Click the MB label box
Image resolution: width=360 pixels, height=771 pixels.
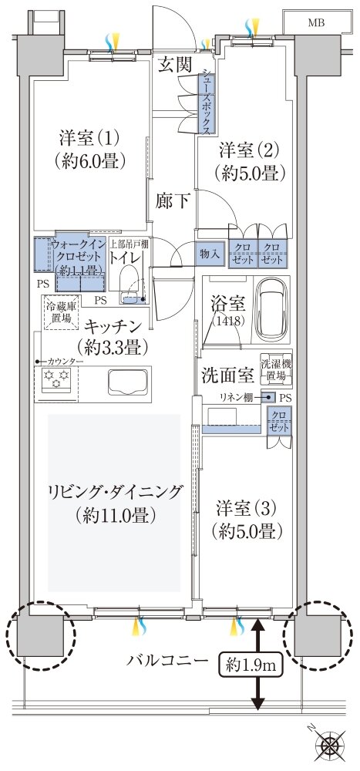click(x=315, y=23)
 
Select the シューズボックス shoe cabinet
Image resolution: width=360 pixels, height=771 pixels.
click(x=207, y=100)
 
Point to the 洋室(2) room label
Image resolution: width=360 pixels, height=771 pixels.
click(x=247, y=160)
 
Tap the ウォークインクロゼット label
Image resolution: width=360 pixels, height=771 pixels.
click(x=79, y=258)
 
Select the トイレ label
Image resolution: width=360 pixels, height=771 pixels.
click(x=128, y=258)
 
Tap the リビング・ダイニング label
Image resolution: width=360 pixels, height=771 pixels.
click(x=115, y=502)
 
